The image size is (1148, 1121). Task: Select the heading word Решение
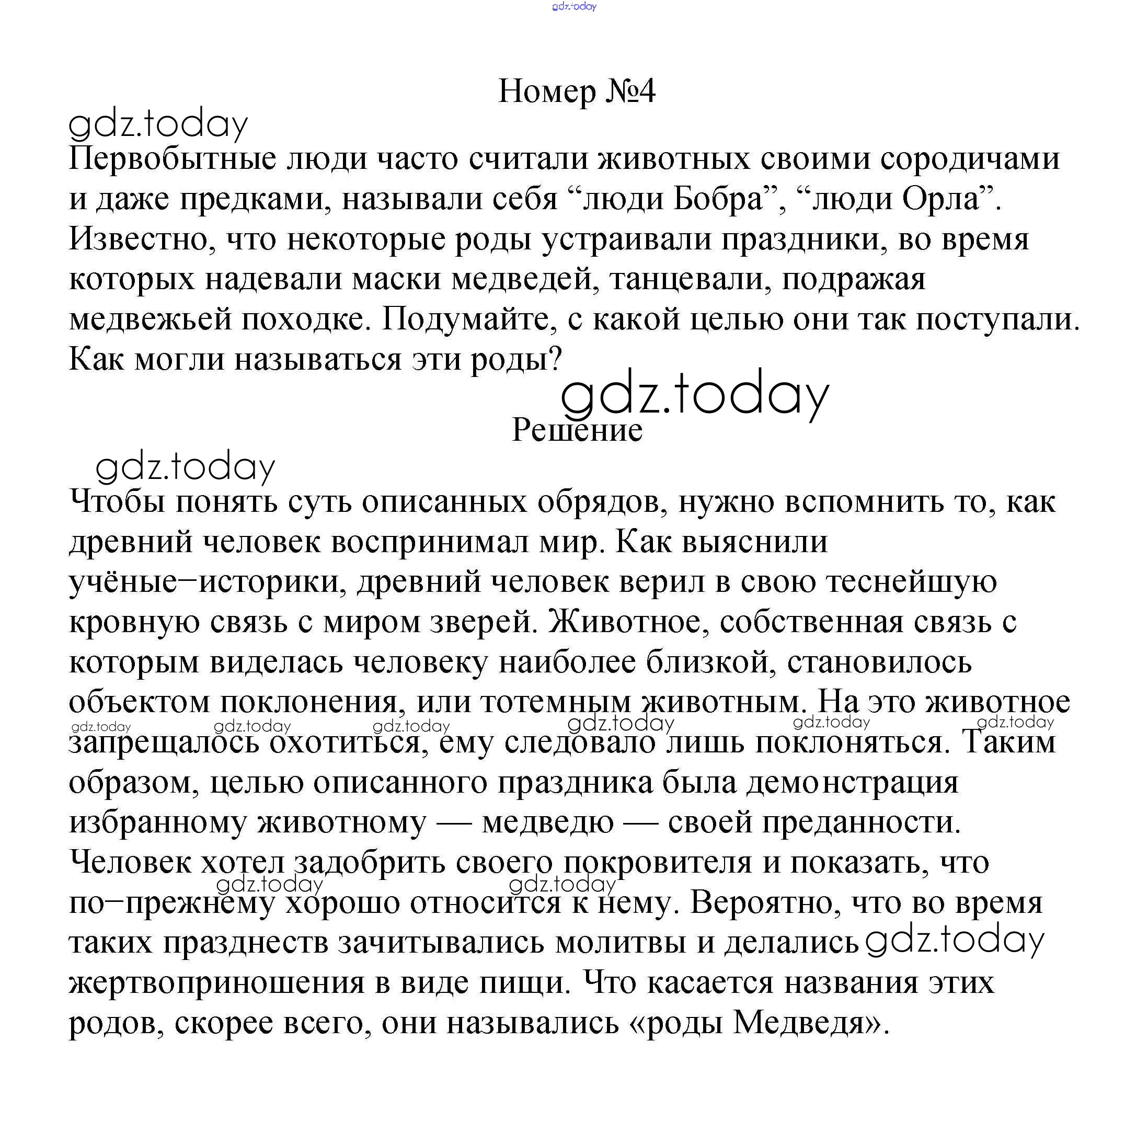pos(577,430)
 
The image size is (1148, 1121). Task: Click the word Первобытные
pos(173,159)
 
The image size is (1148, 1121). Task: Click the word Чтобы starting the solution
pos(118,501)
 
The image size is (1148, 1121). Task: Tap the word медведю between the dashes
pos(547,822)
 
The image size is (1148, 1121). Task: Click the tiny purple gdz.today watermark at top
pos(574,6)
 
